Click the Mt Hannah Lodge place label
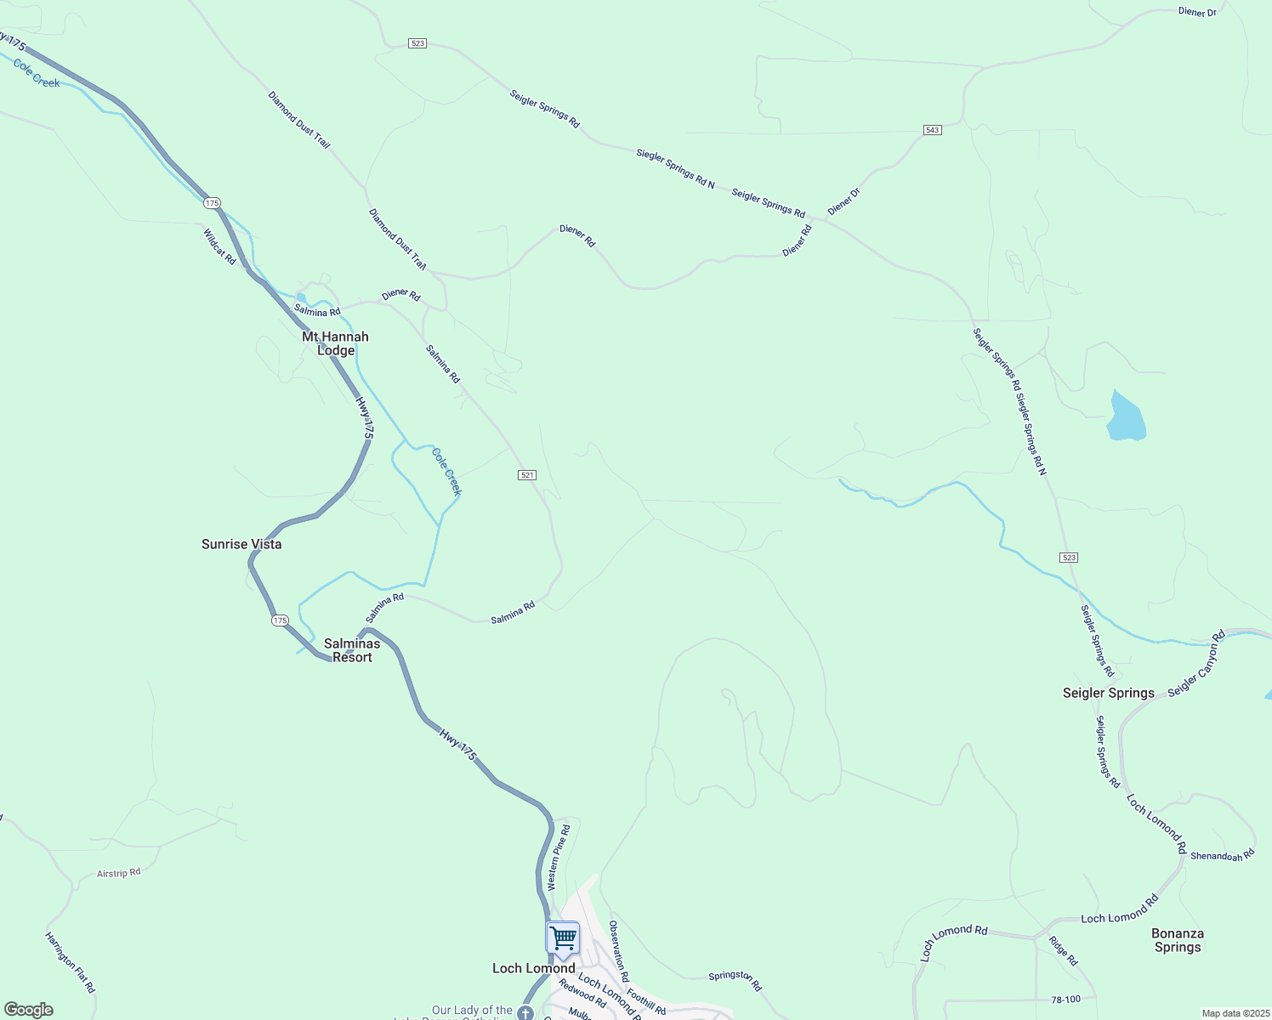(335, 343)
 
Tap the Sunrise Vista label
(241, 544)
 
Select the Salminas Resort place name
(352, 650)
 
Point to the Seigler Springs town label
(1108, 693)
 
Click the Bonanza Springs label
(1177, 940)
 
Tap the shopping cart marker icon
(563, 939)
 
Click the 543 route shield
(932, 130)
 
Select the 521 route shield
(527, 475)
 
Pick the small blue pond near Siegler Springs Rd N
(1126, 416)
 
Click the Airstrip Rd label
(118, 873)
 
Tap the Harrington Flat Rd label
(70, 962)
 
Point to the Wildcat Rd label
(219, 246)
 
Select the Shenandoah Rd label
(1222, 855)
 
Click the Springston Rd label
(735, 980)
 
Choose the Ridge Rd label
(1063, 950)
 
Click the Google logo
(29, 1010)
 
